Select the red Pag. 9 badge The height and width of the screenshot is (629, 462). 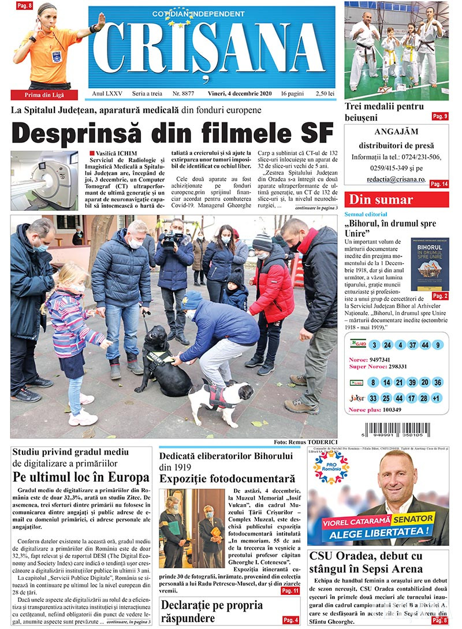(439, 116)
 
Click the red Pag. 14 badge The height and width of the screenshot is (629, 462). (439, 184)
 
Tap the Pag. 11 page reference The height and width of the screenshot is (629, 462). (290, 591)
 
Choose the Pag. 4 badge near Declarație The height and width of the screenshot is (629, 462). (290, 620)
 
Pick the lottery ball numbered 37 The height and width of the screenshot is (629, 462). (412, 345)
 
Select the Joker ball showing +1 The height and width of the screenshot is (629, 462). (437, 399)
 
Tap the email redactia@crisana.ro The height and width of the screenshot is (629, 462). (396, 180)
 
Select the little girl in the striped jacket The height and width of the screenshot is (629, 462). (72, 341)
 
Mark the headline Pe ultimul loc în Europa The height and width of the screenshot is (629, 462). (81, 478)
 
